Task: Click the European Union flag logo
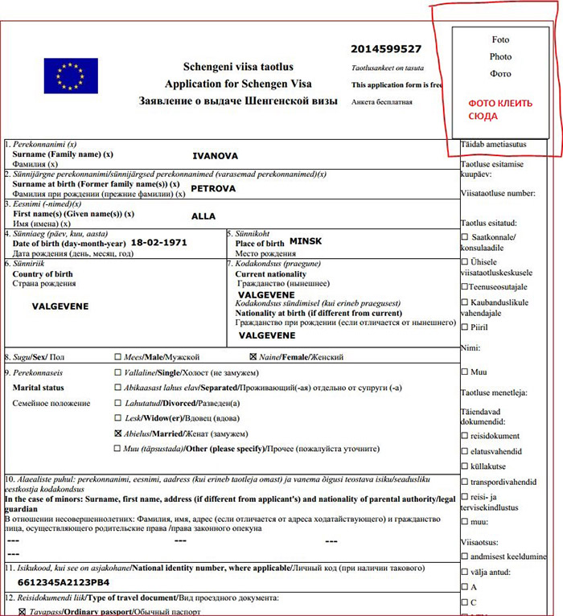[x=71, y=76]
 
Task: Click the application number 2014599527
[x=386, y=49]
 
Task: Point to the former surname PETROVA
[x=213, y=188]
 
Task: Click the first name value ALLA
[x=203, y=216]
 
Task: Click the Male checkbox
[x=118, y=356]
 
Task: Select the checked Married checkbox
[x=118, y=433]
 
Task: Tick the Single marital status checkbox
[x=118, y=373]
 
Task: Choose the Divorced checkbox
[x=118, y=403]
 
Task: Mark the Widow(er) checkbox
[x=118, y=417]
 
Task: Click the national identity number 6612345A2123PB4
[x=64, y=582]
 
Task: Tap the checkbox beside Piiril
[x=464, y=326]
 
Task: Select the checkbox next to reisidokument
[x=464, y=435]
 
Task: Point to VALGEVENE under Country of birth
[x=60, y=306]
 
